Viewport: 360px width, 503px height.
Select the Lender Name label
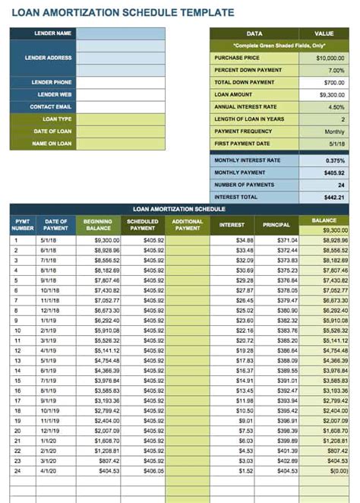pyautogui.click(x=52, y=33)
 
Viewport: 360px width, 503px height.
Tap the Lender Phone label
pyautogui.click(x=52, y=82)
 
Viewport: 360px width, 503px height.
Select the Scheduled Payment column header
pyautogui.click(x=142, y=224)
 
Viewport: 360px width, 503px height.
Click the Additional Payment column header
pyautogui.click(x=188, y=224)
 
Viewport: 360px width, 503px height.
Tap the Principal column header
pyautogui.click(x=276, y=225)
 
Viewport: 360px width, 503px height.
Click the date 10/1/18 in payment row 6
pyautogui.click(x=51, y=289)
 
